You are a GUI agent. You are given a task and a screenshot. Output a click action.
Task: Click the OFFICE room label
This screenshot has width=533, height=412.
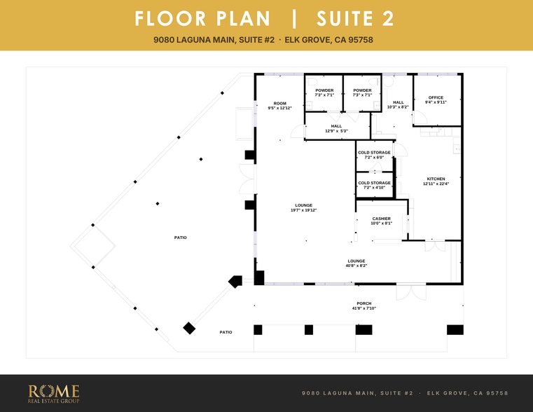click(436, 97)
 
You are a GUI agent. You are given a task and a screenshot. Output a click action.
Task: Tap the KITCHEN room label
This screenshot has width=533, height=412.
click(436, 179)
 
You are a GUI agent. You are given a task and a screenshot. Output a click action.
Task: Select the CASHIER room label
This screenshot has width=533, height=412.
click(382, 219)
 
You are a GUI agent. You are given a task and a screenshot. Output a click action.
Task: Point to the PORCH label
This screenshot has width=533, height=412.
click(364, 303)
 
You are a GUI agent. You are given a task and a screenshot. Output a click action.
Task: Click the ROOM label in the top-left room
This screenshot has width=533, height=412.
click(280, 103)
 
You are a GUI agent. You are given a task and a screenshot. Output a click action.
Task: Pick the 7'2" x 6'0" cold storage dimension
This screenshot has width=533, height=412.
click(374, 158)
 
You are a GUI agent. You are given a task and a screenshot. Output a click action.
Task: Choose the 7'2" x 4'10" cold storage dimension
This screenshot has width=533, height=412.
click(374, 187)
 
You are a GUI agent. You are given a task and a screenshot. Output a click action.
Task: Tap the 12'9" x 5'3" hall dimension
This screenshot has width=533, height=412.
click(336, 131)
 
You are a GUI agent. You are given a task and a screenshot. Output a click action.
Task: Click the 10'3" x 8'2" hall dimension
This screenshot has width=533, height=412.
click(398, 107)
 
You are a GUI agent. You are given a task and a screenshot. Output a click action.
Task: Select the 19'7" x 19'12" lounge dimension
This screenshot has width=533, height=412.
click(303, 210)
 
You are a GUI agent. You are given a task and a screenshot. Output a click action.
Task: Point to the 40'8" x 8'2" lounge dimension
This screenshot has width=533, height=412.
click(357, 266)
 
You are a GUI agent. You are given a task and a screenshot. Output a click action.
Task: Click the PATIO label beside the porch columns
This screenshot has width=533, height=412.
click(226, 332)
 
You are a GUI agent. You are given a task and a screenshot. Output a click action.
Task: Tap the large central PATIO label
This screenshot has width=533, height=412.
click(181, 238)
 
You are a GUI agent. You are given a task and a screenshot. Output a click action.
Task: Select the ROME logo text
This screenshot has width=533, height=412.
click(54, 391)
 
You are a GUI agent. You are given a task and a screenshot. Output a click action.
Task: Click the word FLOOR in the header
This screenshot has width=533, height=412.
click(170, 19)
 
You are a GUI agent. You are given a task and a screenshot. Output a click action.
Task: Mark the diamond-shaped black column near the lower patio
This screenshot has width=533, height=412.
click(189, 328)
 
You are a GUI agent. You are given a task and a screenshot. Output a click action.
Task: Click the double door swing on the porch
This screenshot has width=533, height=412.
click(411, 293)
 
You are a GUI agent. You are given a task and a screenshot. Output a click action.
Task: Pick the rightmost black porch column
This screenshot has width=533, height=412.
click(455, 330)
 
